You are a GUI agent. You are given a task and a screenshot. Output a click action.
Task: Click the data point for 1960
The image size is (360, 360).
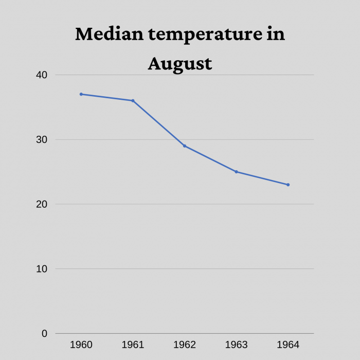81,94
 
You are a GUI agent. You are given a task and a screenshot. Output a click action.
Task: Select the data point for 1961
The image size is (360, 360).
133,101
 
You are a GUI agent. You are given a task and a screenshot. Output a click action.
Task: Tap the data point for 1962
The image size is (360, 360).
185,146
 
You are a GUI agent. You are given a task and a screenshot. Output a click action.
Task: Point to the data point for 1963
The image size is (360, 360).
236,172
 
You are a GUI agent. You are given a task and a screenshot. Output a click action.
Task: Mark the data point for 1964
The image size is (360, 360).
288,185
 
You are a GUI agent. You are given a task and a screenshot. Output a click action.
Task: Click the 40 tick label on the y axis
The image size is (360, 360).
41,75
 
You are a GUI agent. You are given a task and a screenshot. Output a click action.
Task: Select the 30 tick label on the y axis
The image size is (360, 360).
41,140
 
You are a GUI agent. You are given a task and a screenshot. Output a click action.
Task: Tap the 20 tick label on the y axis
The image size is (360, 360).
41,204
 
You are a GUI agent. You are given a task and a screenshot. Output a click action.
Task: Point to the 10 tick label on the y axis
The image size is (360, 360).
41,269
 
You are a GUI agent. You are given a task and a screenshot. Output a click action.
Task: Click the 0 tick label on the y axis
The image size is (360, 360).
44,334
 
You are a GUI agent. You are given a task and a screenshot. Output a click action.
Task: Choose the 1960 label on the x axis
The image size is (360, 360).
81,345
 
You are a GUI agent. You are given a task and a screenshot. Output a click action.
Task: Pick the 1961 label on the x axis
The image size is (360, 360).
133,345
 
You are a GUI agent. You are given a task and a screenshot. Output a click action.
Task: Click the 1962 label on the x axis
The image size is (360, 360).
185,345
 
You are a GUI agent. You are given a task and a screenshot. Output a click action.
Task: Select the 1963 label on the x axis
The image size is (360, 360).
236,345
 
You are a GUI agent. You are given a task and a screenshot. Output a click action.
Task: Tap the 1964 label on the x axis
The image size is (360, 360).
288,345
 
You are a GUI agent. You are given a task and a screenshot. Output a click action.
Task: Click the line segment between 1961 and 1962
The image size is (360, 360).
158,123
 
